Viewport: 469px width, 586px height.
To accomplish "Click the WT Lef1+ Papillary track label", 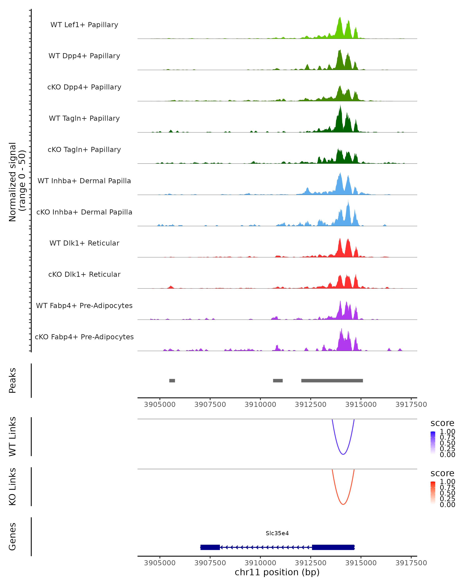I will [84, 25].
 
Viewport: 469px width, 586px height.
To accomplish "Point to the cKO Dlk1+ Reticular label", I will [84, 274].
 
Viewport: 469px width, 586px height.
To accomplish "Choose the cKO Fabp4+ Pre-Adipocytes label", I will [84, 337].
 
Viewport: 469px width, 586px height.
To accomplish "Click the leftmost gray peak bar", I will [172, 381].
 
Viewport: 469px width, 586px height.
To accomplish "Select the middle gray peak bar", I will [278, 381].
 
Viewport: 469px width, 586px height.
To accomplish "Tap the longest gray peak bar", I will [332, 381].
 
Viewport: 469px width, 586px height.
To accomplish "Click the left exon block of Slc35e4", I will [210, 547].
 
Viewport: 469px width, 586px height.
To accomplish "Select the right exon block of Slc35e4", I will [333, 547].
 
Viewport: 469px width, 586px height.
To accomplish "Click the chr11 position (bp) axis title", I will [277, 572].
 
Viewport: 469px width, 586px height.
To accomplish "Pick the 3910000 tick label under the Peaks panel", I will [260, 405].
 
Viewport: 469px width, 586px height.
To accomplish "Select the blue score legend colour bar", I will [433, 443].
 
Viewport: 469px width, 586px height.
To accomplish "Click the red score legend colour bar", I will [433, 493].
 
